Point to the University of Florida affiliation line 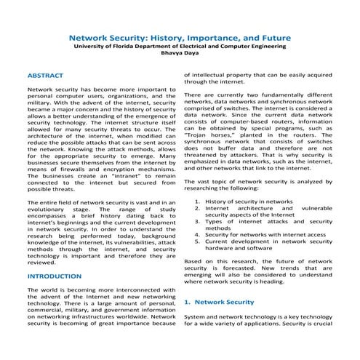(x=180, y=46)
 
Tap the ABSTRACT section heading (x=45, y=76)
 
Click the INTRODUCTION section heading (x=54, y=277)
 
